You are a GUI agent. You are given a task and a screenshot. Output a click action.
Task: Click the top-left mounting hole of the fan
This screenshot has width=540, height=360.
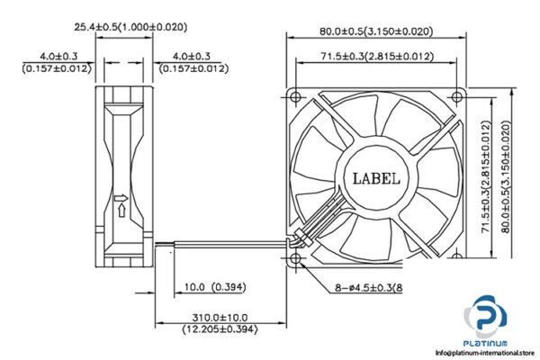[298, 94]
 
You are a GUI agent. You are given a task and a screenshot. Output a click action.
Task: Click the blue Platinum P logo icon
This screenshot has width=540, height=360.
[487, 320]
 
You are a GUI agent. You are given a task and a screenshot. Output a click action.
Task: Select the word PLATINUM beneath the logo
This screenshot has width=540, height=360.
[487, 345]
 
